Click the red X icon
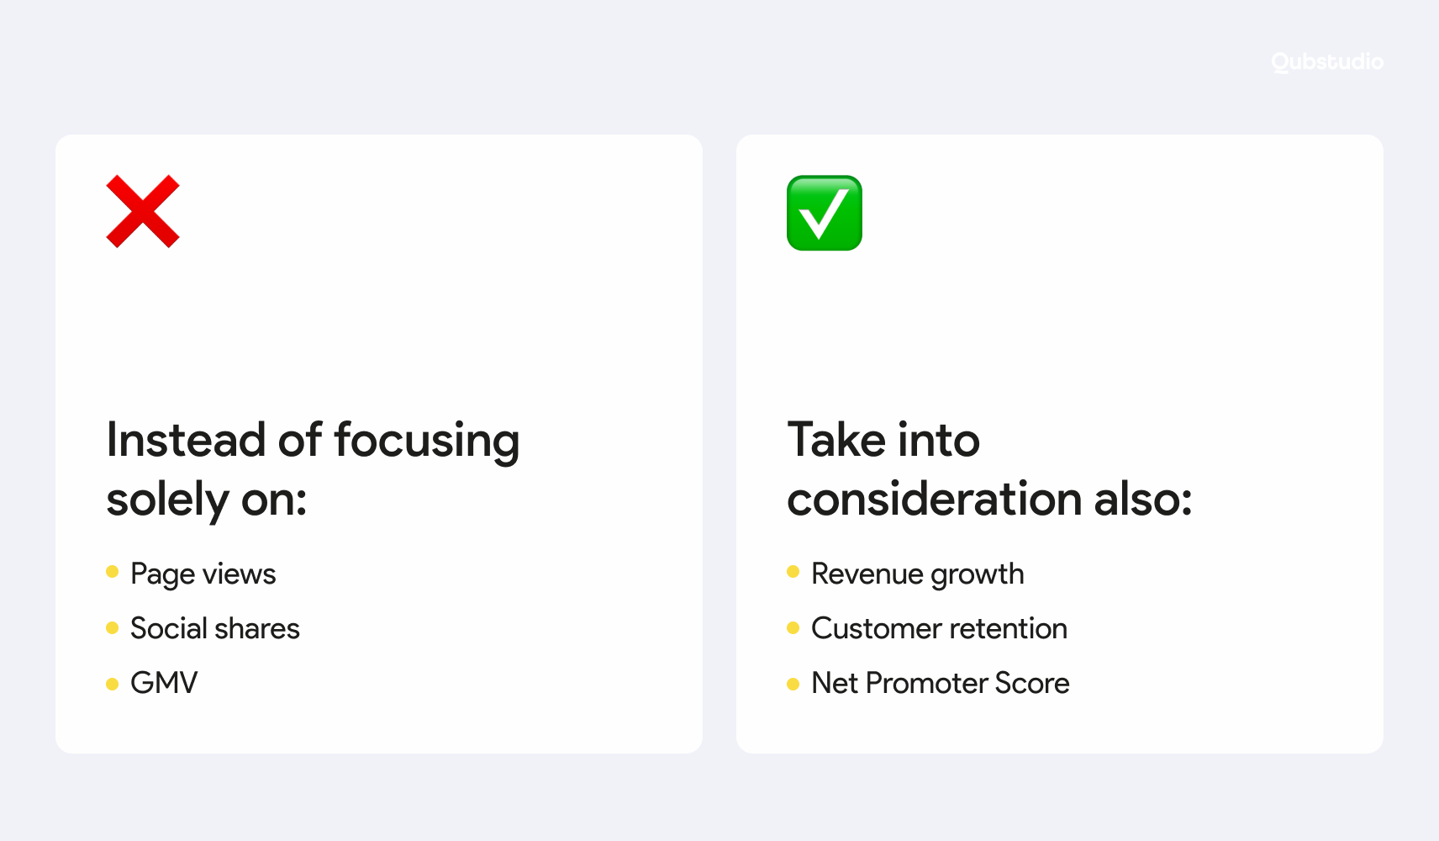click(143, 212)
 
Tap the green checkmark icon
click(825, 213)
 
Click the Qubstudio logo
click(1327, 61)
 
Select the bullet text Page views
click(203, 574)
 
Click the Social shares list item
click(215, 628)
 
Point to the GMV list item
click(164, 683)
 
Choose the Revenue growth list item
click(917, 574)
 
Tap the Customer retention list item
click(939, 628)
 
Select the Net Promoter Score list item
click(941, 683)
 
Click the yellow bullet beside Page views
click(113, 572)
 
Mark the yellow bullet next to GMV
click(113, 684)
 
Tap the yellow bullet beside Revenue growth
click(793, 572)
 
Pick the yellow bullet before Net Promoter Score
click(793, 684)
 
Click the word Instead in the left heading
click(187, 440)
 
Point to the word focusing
click(426, 442)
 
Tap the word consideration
click(935, 499)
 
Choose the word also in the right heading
click(1143, 499)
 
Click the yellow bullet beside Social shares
click(113, 628)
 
